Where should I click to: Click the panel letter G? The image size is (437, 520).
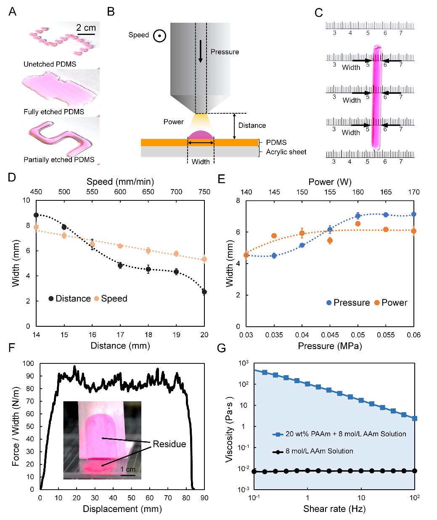click(x=221, y=348)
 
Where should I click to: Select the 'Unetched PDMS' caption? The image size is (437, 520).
click(x=50, y=64)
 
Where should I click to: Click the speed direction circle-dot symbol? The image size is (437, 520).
click(x=159, y=36)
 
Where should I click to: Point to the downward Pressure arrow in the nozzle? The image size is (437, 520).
click(x=201, y=51)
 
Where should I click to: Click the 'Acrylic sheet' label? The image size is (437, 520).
click(x=286, y=152)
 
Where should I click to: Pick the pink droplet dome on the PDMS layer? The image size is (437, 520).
click(x=201, y=135)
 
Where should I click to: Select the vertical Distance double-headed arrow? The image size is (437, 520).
click(x=235, y=126)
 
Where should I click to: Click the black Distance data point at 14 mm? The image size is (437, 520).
click(x=36, y=215)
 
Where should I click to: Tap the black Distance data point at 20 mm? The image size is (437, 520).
click(x=204, y=292)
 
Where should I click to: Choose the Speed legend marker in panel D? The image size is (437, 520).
click(x=97, y=299)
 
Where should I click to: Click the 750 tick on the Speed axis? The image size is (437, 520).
click(x=204, y=192)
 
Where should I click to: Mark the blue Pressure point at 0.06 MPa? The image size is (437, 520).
click(x=414, y=214)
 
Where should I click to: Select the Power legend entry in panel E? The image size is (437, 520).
click(x=390, y=303)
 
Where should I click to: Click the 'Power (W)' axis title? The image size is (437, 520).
click(x=330, y=182)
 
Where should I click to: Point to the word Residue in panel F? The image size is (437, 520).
click(x=169, y=444)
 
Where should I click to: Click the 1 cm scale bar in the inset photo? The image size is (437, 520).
click(x=128, y=475)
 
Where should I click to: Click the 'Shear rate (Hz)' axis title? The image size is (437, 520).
click(x=334, y=509)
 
